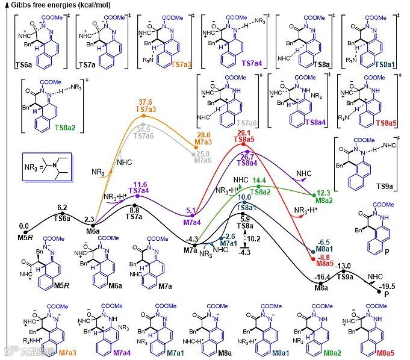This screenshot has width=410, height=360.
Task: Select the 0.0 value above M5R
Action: tap(24, 226)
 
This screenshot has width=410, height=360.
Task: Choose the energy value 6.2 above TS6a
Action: tap(62, 207)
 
